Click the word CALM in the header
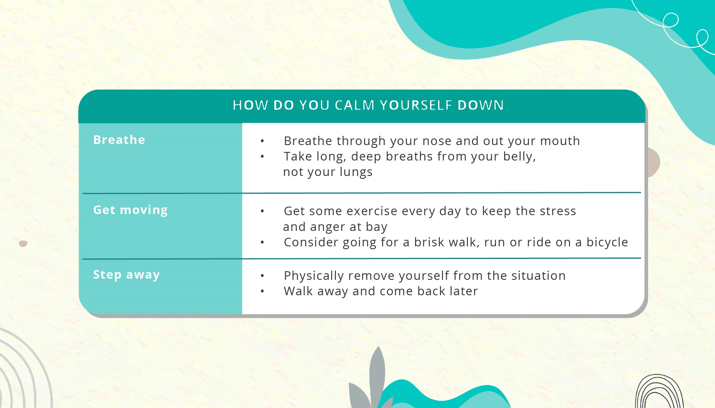tap(354, 105)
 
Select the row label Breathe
tap(119, 140)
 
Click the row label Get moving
tap(130, 210)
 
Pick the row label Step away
tap(126, 274)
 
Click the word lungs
tap(356, 172)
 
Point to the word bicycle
tap(607, 242)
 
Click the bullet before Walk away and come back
tap(262, 291)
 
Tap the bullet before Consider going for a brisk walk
tap(262, 243)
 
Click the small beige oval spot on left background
tap(23, 243)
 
